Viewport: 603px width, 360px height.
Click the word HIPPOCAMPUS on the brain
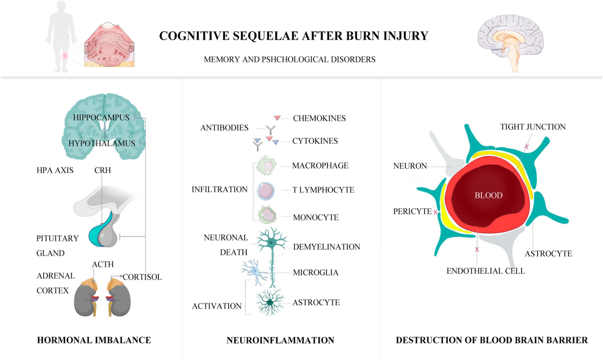point(101,117)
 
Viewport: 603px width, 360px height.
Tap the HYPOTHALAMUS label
point(102,144)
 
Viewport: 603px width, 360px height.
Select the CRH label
point(103,170)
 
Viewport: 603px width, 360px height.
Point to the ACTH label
point(103,264)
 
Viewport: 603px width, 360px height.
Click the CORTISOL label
point(142,277)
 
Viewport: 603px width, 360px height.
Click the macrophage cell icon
point(266,166)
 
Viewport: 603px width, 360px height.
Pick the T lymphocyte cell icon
point(266,191)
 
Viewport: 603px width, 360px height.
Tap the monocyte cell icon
point(267,215)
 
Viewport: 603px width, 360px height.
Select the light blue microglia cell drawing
point(254,272)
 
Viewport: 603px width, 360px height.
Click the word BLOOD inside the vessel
point(488,195)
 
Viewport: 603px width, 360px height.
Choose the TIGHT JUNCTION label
point(533,127)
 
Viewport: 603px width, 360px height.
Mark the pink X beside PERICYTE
point(435,212)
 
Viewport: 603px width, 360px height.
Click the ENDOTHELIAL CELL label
point(486,271)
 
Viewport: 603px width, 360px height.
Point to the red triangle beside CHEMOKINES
point(277,118)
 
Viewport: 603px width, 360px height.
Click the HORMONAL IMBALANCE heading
point(94,340)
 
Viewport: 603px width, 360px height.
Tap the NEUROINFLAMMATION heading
point(280,340)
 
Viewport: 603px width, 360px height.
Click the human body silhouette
point(61,37)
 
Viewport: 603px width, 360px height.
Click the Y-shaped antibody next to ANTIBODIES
point(270,130)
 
